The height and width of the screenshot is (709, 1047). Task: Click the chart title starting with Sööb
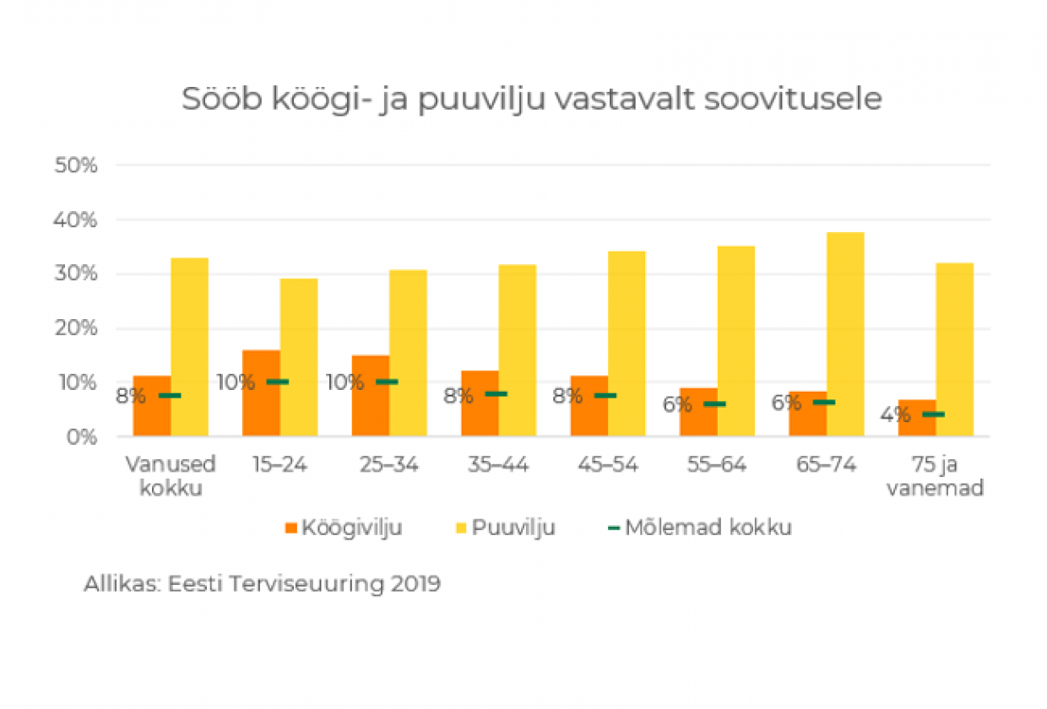point(532,100)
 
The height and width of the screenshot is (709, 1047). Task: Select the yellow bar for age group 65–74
point(845,334)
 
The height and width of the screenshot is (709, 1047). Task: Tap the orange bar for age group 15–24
point(261,393)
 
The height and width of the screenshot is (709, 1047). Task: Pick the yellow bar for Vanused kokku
point(190,347)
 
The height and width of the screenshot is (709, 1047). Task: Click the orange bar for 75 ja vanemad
point(916,418)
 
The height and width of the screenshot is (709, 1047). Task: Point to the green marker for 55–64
point(715,404)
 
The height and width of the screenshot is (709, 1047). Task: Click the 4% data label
point(894,415)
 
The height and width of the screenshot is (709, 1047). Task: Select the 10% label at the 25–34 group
point(344,382)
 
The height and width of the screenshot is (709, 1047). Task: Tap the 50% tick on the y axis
point(76,165)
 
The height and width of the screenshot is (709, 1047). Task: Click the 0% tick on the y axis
point(81,437)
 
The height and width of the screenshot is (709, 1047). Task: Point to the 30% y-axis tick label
point(76,274)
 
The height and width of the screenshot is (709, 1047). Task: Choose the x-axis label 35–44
point(497,465)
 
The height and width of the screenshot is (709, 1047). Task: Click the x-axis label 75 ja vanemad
point(935,476)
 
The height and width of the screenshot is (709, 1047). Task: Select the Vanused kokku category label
point(171,476)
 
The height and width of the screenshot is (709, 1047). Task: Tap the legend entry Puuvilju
point(505,528)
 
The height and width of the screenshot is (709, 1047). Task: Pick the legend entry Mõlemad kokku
point(700,528)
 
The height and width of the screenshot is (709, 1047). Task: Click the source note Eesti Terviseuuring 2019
point(262,584)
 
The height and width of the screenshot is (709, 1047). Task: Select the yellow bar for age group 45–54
point(627,344)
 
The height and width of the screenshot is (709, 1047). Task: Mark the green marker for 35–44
point(496,394)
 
